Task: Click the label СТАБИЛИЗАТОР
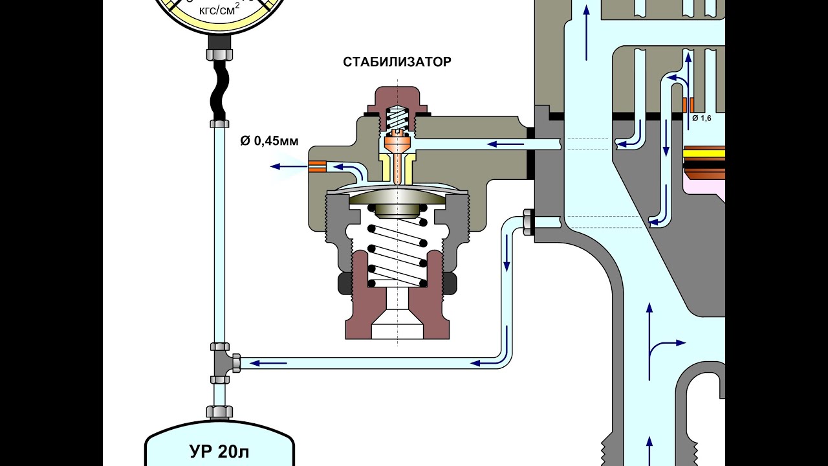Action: click(397, 63)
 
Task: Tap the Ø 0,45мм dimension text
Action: click(269, 141)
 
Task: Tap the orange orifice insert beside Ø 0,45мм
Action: click(318, 166)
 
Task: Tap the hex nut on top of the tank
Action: click(220, 411)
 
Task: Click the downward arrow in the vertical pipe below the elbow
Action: click(507, 262)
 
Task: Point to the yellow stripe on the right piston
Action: click(704, 154)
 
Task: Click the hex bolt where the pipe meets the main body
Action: click(527, 222)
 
